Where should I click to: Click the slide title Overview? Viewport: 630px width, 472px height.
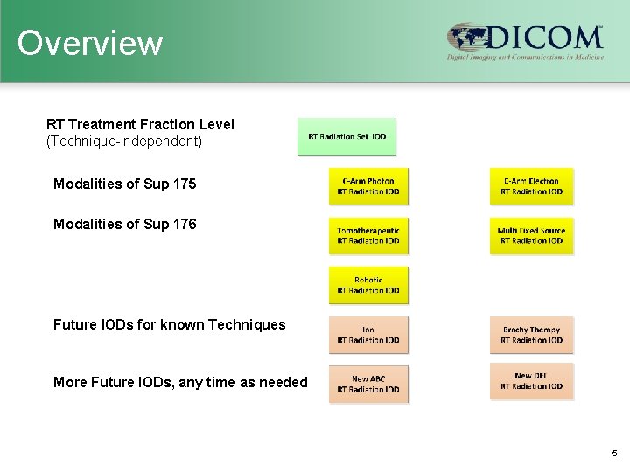90,43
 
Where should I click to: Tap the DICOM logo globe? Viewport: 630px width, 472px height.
466,39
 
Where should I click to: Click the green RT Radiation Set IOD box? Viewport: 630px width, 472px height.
346,136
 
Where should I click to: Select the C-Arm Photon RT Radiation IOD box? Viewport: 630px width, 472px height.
368,186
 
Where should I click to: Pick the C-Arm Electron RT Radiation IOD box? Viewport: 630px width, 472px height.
531,186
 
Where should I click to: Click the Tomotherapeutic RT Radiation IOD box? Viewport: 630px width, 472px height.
368,236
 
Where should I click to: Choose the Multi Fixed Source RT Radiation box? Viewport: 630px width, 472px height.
531,236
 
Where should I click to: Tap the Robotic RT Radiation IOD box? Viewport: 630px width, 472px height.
368,285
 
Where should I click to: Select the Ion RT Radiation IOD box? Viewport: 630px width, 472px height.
368,335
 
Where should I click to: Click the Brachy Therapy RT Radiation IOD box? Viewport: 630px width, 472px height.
531,335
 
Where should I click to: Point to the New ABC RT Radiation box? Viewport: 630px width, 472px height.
368,384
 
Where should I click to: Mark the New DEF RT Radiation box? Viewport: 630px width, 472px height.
531,381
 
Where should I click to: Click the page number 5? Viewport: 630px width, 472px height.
614,454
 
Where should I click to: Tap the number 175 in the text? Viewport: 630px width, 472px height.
184,184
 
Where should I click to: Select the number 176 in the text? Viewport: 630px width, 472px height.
184,225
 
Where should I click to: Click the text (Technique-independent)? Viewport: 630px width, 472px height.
124,141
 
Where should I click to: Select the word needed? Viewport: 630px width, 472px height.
283,382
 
